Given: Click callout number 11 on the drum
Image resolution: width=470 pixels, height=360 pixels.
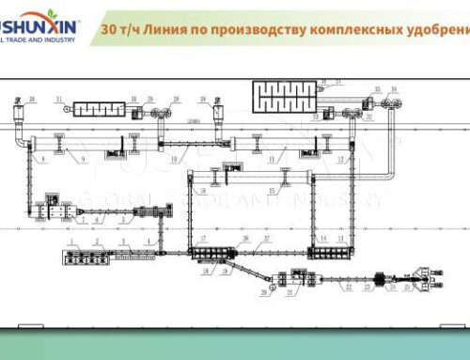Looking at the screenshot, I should [271, 160].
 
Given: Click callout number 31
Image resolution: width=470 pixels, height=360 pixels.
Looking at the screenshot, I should [58, 98].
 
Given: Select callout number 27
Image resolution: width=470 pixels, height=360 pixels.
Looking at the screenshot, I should [267, 239].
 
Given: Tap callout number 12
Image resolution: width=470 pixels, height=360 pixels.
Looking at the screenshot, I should [351, 160].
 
